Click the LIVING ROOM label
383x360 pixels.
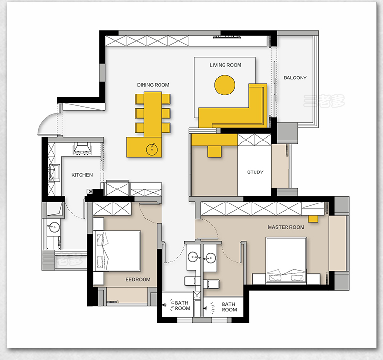coord(225,65)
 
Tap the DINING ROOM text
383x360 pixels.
coord(153,85)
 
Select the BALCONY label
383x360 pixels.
coord(295,78)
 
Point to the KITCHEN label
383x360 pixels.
coord(82,175)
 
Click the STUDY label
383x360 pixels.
coord(255,172)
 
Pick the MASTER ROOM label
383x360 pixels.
coord(286,227)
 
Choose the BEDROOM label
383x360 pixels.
coord(138,279)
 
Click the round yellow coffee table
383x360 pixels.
coord(225,85)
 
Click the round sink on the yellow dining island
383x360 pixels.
coord(152,149)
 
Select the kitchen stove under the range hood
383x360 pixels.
coord(82,148)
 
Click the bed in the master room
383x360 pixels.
coord(286,260)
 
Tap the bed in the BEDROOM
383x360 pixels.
coord(117,250)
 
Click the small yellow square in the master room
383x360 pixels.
coord(313,219)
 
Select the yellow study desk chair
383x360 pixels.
coord(215,151)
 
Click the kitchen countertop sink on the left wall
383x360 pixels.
coord(54,173)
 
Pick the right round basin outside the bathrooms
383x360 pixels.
coord(210,257)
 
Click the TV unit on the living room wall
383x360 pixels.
coord(227,37)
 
